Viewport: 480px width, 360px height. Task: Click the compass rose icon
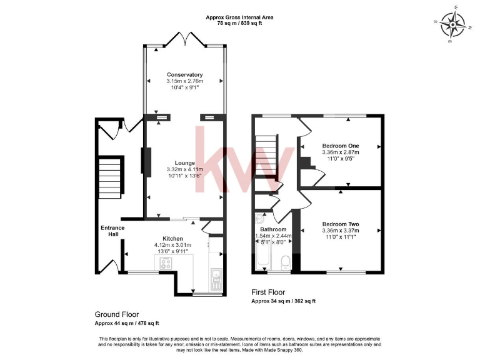pos(454,25)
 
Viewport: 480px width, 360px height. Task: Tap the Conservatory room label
pos(184,75)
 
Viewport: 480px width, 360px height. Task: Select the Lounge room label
pos(185,163)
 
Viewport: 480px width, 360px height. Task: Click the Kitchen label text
pos(172,239)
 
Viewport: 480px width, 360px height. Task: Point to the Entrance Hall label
pos(112,231)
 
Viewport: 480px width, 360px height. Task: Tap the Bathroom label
pos(272,229)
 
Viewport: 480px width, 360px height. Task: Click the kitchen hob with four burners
pos(167,263)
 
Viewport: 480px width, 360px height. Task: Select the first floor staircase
pos(267,156)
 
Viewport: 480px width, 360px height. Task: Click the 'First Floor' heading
pos(268,292)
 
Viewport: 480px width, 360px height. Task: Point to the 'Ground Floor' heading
pos(117,314)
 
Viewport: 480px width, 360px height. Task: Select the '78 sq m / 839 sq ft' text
pos(240,22)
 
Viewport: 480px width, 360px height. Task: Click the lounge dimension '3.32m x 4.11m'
pos(185,169)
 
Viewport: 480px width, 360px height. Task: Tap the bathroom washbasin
pos(260,220)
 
